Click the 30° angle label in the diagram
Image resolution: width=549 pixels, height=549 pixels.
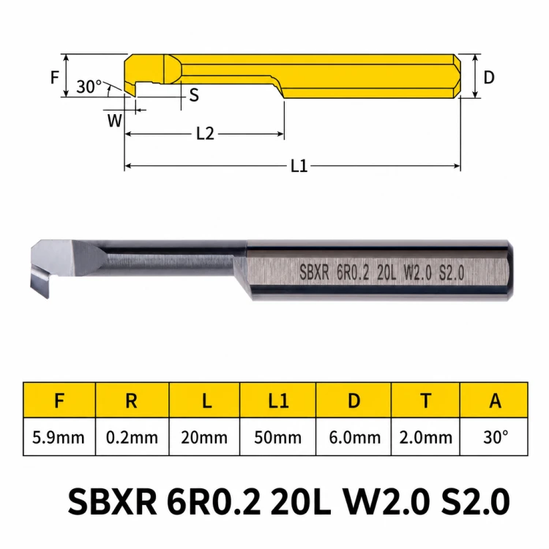coord(89,86)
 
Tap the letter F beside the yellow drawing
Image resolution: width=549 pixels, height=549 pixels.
coord(55,78)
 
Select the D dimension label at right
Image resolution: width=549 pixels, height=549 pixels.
coord(489,78)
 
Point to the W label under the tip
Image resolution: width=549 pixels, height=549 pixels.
coord(114,121)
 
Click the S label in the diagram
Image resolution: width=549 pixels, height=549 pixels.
coord(194,95)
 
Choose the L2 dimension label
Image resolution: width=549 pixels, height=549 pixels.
coord(205,133)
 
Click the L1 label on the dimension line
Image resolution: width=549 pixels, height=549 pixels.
coord(299,165)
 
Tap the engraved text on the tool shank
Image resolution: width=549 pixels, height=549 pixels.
coord(382,273)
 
